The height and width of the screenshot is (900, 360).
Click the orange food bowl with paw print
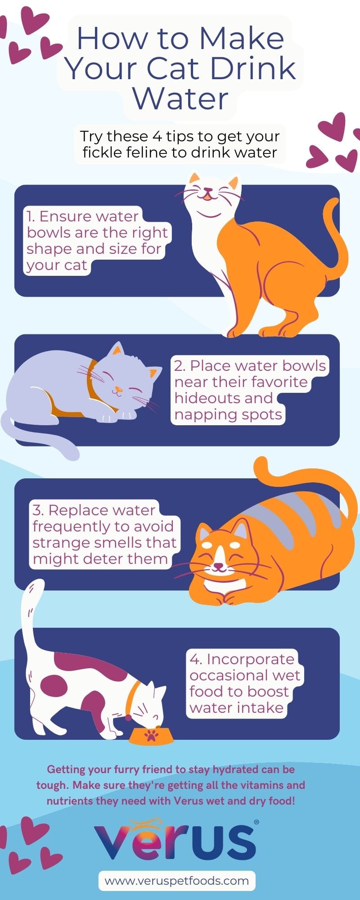[151, 735]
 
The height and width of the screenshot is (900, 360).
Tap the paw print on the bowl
[151, 736]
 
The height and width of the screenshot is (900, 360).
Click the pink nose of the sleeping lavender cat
[118, 388]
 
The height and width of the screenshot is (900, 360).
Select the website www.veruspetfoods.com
[176, 881]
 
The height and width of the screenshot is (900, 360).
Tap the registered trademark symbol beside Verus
[256, 822]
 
